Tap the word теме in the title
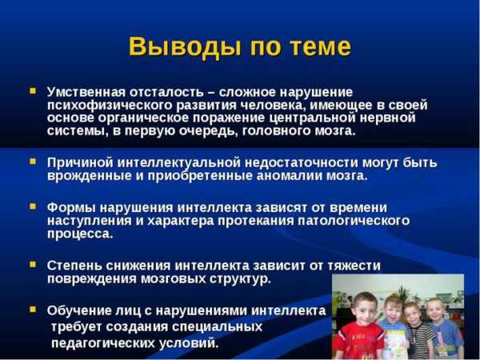point(320,47)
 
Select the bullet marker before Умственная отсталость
point(33,91)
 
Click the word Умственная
point(86,92)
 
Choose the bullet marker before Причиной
point(33,161)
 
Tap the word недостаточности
point(302,162)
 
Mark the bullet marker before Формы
point(33,206)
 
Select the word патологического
point(354,221)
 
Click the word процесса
point(80,234)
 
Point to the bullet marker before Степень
point(33,264)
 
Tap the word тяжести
point(354,265)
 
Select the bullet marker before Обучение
point(33,309)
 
